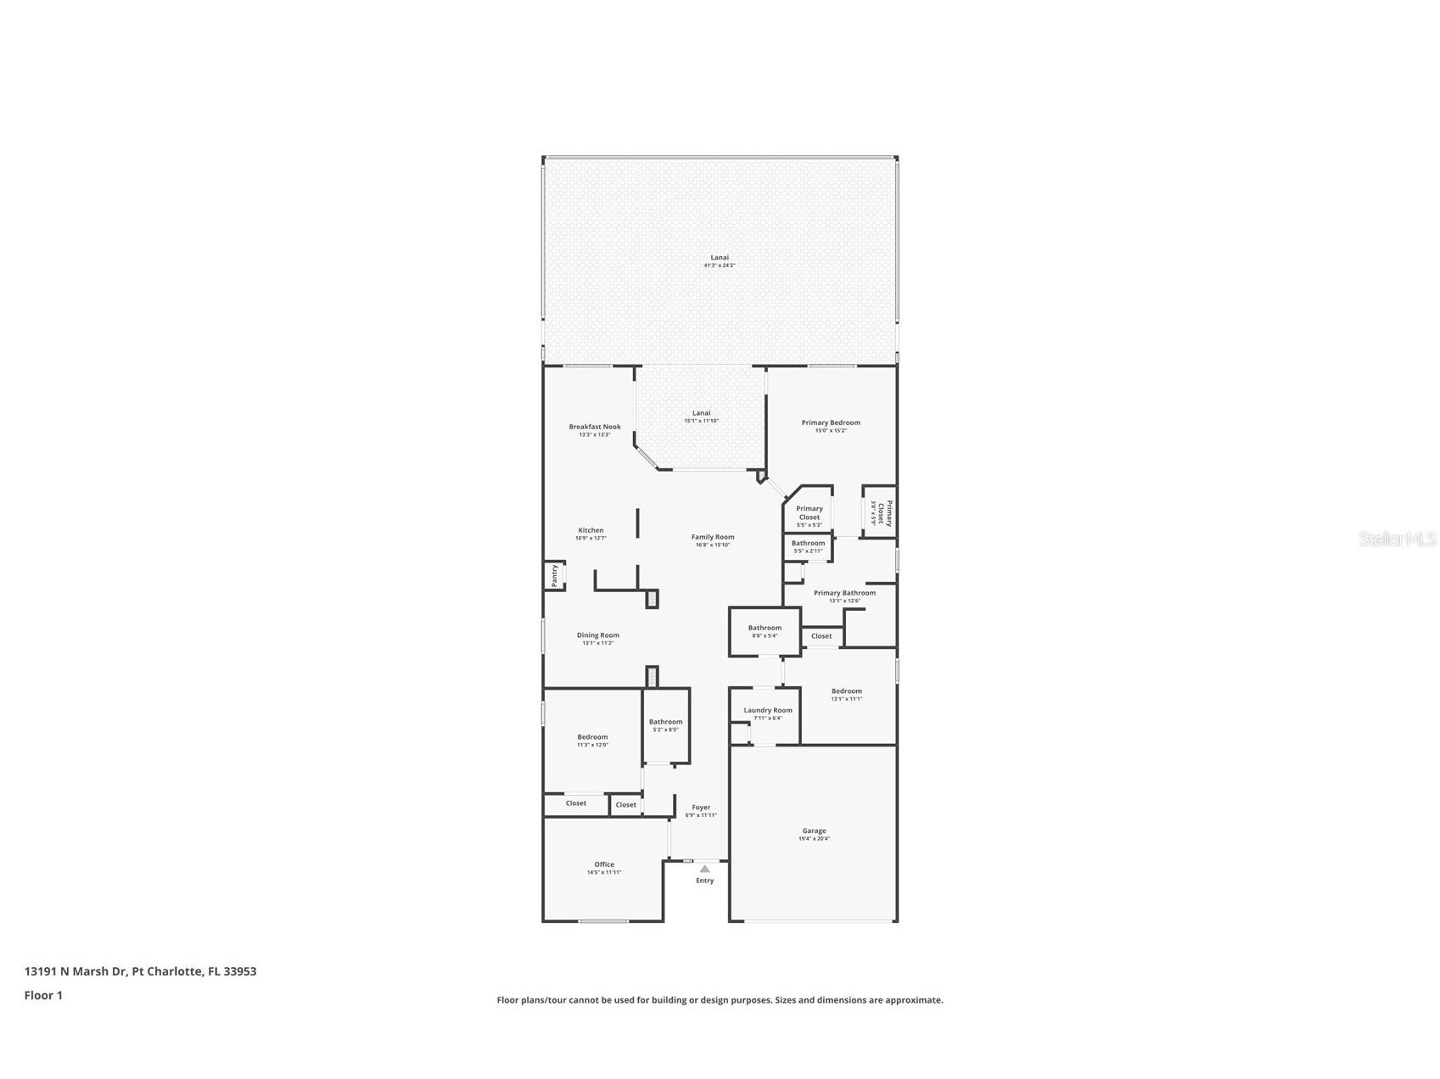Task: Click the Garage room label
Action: (814, 830)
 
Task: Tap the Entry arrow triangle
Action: (704, 869)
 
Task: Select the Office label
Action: (603, 864)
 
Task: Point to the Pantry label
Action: (555, 576)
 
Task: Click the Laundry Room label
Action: (768, 710)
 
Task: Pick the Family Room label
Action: (713, 536)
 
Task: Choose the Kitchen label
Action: (591, 530)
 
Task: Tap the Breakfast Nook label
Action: (595, 427)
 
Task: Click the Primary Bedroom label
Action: (831, 422)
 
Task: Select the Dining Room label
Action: (598, 635)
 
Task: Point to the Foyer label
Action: (701, 808)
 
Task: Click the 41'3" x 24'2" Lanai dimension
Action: (720, 266)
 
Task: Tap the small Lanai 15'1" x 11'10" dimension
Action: (701, 421)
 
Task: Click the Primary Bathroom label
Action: (844, 593)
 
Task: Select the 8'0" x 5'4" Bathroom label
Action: (765, 628)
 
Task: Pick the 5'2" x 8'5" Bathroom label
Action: (665, 722)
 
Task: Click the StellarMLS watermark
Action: (1397, 539)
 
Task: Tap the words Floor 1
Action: (43, 995)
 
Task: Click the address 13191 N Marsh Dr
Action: (76, 971)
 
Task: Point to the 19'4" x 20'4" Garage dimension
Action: (814, 839)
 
